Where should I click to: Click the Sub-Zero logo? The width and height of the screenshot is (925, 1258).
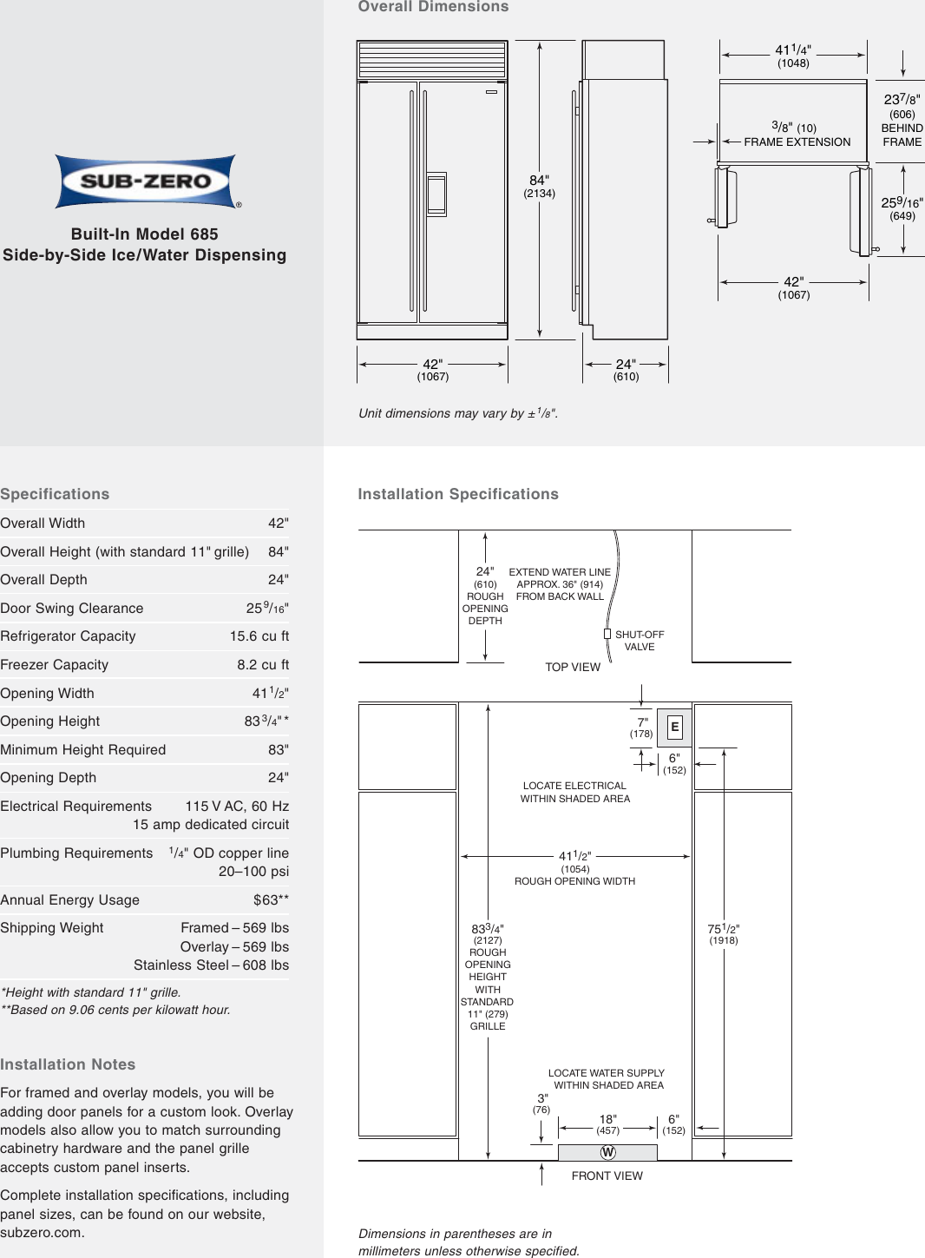tap(146, 181)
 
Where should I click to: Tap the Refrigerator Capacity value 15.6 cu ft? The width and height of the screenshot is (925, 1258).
tap(259, 636)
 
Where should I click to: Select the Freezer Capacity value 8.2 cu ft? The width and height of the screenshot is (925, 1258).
tap(263, 665)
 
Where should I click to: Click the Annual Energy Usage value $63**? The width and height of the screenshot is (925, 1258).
tap(271, 900)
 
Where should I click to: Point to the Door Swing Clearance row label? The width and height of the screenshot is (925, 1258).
tap(72, 609)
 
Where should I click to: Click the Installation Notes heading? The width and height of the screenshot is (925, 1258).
tap(68, 1064)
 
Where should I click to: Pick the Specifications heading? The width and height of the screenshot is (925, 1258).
tap(55, 494)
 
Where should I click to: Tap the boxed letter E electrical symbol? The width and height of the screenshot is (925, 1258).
tap(674, 728)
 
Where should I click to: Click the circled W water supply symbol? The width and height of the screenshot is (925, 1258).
tap(607, 1152)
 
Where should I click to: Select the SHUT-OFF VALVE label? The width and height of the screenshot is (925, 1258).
tap(640, 641)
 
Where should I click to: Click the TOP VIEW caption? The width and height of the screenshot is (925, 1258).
tap(573, 667)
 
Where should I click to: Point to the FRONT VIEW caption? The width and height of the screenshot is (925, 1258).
tap(607, 1176)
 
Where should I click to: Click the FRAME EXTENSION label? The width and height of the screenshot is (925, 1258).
tap(797, 142)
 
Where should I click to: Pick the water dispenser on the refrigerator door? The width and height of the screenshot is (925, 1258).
tap(436, 194)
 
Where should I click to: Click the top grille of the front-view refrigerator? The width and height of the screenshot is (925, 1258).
tap(432, 60)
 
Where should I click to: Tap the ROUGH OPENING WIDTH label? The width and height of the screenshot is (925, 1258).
tap(574, 881)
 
